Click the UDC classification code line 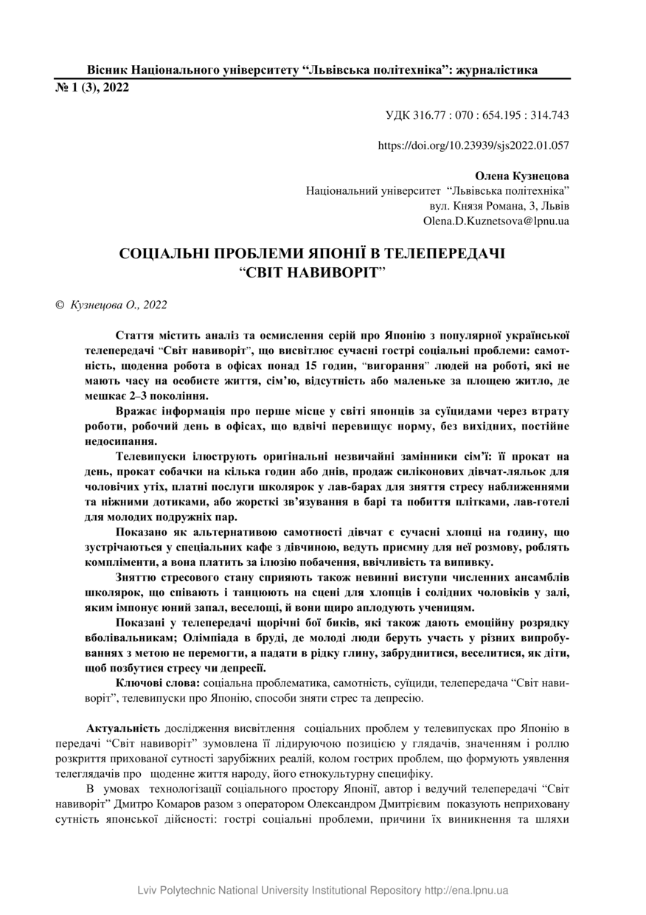[x=477, y=115]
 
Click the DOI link [x=473, y=146]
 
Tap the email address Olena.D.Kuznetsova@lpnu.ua [x=496, y=221]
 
